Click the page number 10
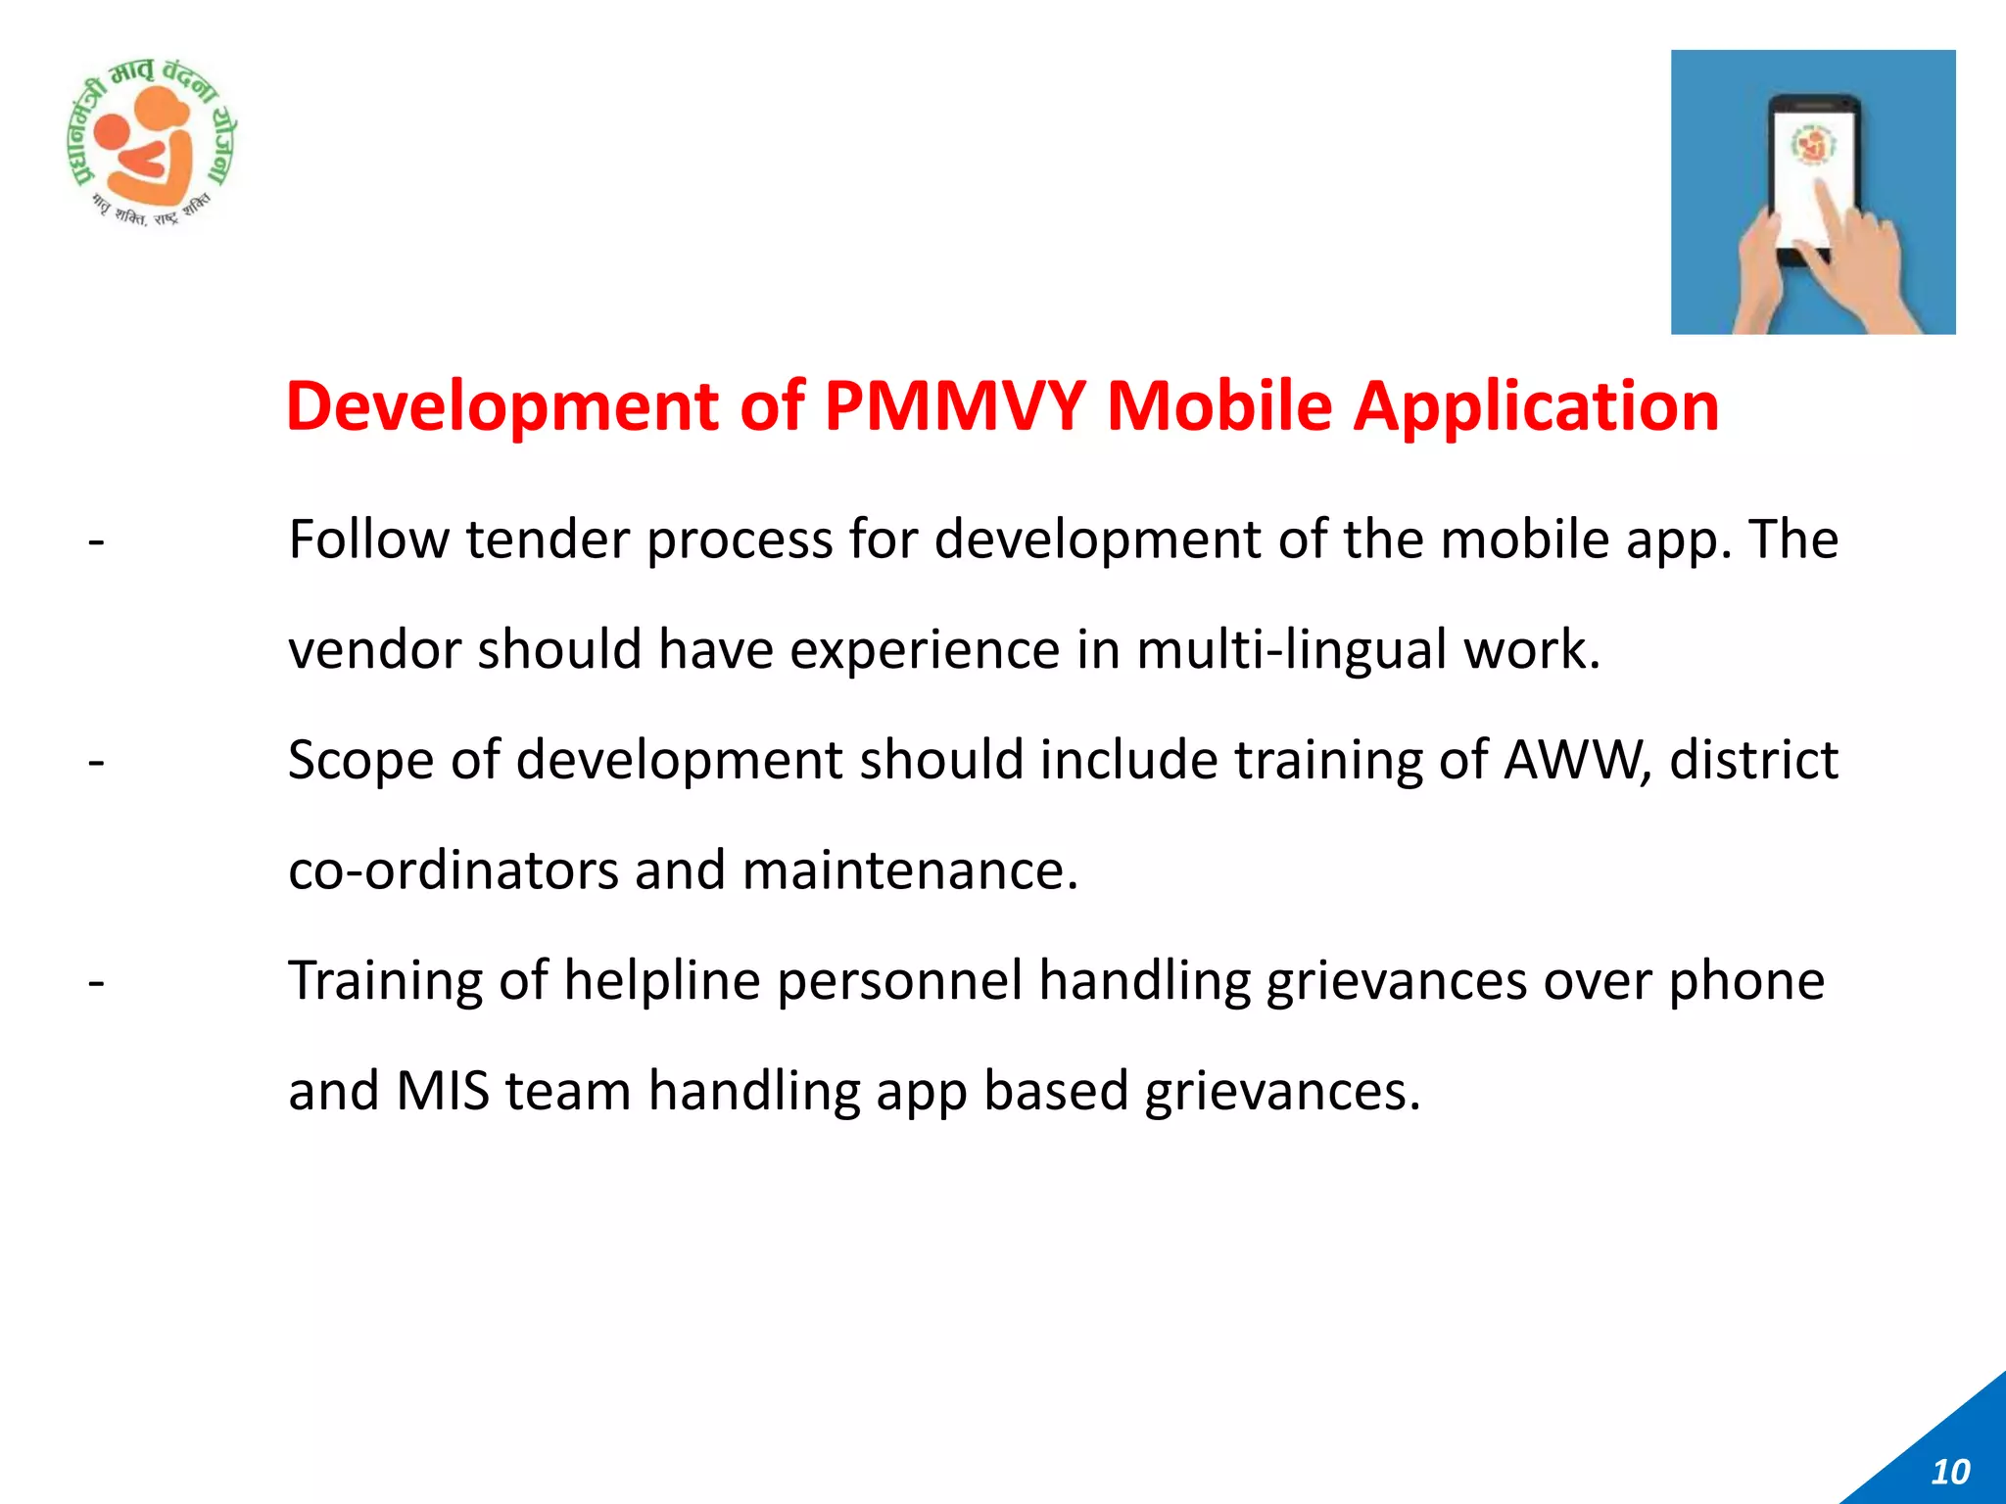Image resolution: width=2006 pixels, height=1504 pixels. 1950,1472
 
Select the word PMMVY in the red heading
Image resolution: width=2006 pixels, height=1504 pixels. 955,406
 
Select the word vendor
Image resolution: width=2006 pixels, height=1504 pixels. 375,650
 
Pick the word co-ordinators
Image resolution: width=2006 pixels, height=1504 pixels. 454,870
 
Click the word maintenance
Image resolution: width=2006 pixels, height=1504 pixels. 910,870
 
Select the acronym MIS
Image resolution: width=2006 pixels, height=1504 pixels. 443,1091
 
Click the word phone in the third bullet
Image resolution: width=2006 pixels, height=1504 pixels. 1746,981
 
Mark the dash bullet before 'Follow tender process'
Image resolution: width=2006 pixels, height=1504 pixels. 96,541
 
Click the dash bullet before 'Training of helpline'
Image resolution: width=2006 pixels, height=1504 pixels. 96,982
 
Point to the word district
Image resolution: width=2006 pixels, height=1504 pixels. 1753,760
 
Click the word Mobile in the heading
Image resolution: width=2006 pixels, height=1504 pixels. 1219,406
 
